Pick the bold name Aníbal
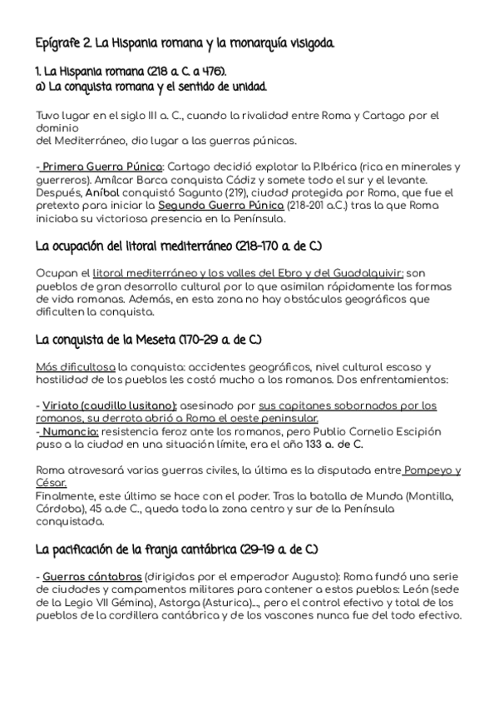pos(102,193)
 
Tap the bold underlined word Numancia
pos(71,431)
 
